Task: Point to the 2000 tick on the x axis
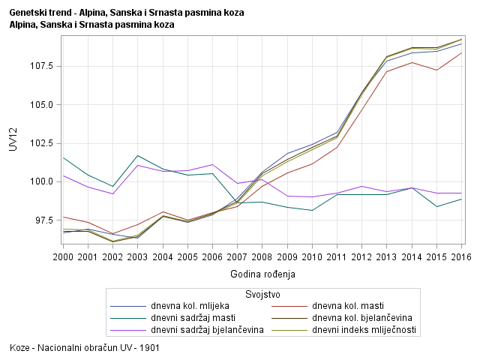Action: [x=64, y=258]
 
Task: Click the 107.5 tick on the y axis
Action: [x=42, y=66]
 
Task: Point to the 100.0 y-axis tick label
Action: [x=42, y=181]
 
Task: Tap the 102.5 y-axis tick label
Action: [x=42, y=143]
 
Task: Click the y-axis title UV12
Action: [x=13, y=139]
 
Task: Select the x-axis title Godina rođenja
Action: [x=263, y=274]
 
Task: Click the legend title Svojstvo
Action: [x=263, y=294]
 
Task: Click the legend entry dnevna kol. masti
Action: [x=345, y=306]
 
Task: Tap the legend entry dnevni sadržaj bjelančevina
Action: [x=207, y=330]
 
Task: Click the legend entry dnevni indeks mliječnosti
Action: [x=364, y=330]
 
